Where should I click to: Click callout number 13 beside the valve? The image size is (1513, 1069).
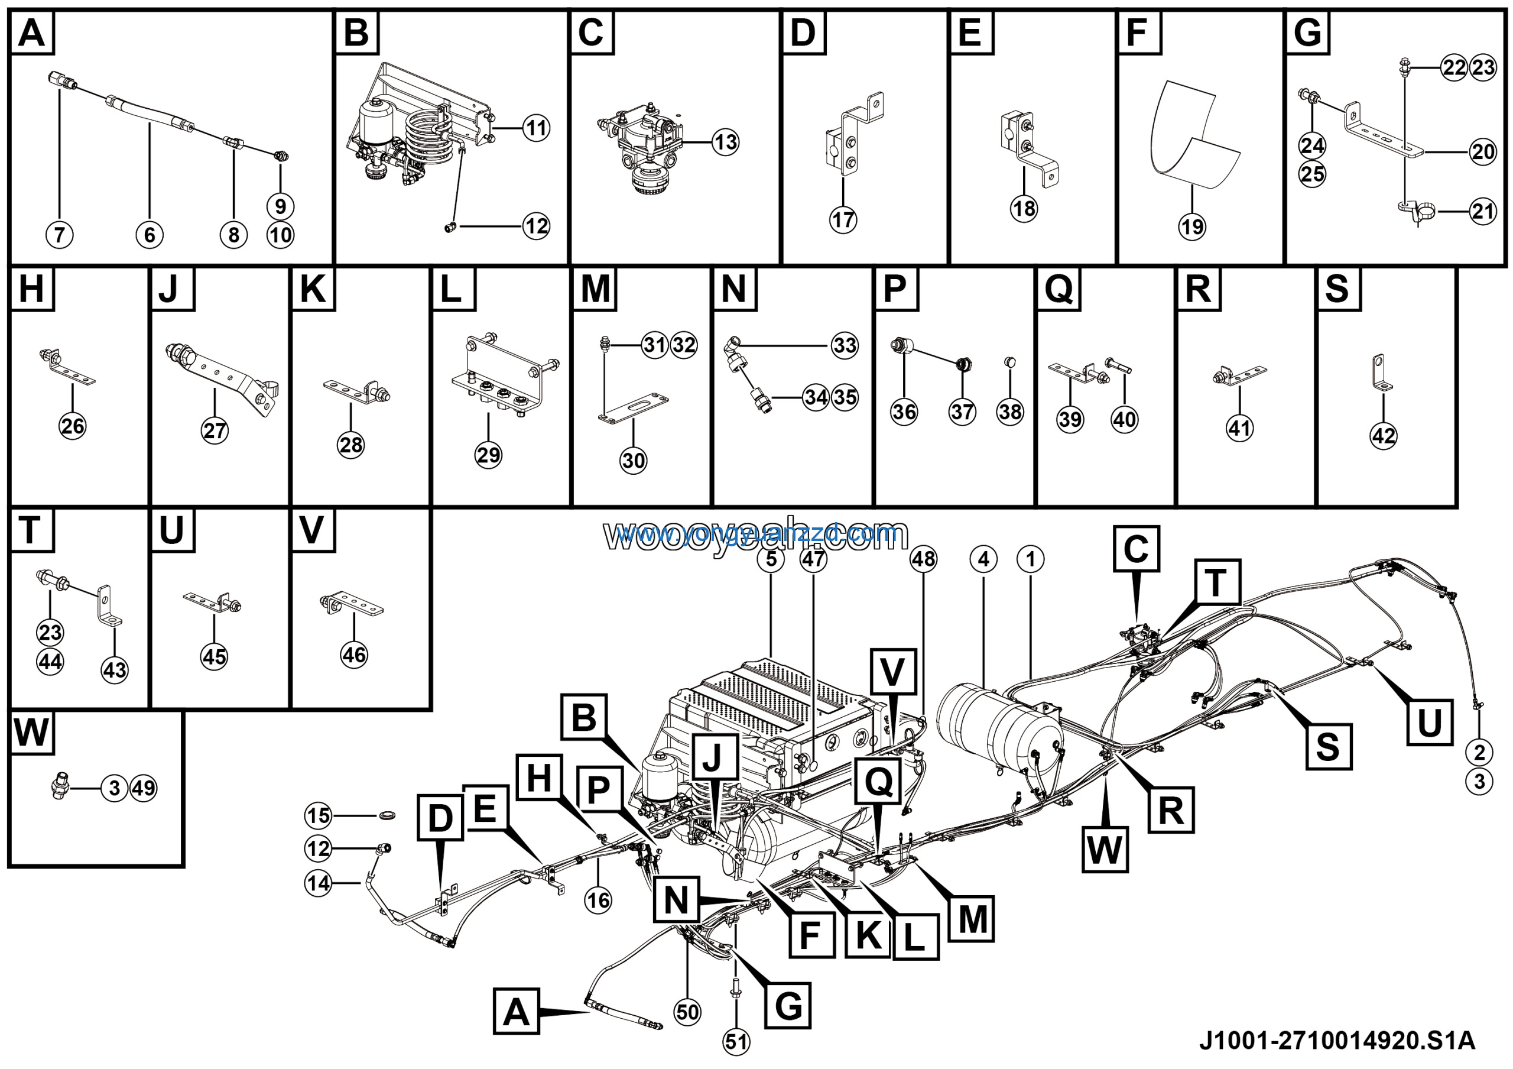(x=726, y=142)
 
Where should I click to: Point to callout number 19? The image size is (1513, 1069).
(x=1191, y=226)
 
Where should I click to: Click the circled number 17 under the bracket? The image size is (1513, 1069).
(x=843, y=219)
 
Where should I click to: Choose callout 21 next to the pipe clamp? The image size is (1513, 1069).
(x=1483, y=212)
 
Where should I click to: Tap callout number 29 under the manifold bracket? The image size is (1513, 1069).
(x=488, y=455)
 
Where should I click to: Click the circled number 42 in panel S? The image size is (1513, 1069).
(x=1383, y=436)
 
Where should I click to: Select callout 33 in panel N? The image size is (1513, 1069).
(x=845, y=345)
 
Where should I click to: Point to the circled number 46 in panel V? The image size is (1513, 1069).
(x=354, y=655)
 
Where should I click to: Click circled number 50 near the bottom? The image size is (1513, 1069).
(x=687, y=1012)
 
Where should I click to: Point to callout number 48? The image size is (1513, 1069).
(x=923, y=559)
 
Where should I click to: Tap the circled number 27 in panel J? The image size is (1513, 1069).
(x=215, y=431)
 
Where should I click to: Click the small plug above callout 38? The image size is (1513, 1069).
(x=1009, y=361)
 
